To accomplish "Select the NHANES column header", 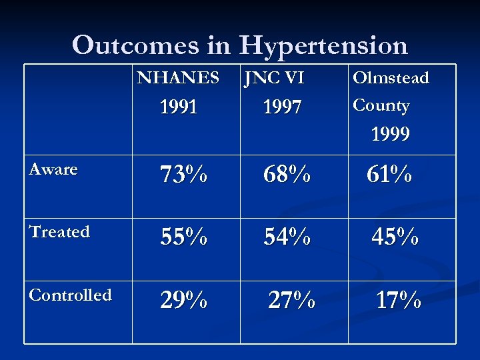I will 178,78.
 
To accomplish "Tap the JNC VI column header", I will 274,78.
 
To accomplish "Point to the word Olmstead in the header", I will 391,78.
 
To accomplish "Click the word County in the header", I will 381,106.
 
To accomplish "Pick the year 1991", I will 178,107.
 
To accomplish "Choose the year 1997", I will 282,107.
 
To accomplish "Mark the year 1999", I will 390,135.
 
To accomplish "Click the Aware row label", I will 53,169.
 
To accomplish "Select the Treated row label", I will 59,232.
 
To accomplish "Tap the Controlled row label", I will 70,295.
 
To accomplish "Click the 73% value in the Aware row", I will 183,175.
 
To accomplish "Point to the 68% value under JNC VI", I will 287,175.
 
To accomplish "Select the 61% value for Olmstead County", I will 389,175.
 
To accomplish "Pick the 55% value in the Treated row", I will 183,237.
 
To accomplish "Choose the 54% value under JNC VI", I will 287,237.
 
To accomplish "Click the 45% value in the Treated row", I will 395,237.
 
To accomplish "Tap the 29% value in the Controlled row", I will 183,301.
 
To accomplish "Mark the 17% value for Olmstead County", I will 398,300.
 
